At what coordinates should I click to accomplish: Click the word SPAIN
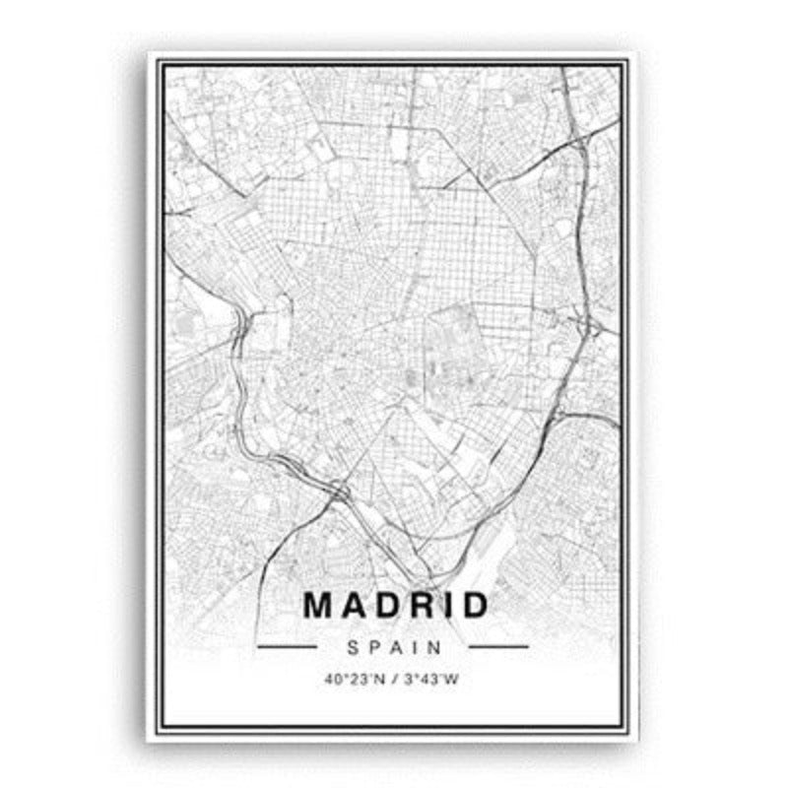point(393,647)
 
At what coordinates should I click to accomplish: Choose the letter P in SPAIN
point(373,647)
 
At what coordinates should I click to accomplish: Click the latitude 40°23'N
point(352,678)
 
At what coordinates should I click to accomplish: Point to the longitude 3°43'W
point(434,678)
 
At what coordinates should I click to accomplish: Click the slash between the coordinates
point(392,678)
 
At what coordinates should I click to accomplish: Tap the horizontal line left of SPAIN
point(287,647)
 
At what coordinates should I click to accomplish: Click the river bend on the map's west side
point(240,325)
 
